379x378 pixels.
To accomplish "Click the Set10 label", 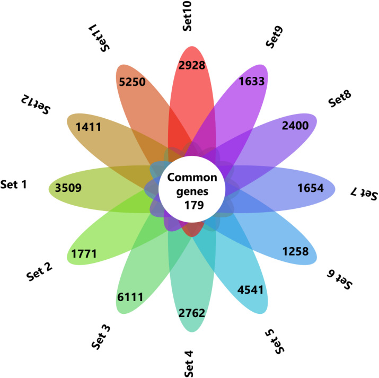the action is coord(187,16).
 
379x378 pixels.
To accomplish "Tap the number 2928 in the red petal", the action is coord(192,65).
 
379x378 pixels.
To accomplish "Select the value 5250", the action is coord(132,82).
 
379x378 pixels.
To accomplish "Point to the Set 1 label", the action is coord(14,184).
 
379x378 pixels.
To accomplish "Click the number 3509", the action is coord(68,188).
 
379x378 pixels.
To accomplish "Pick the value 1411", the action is coord(89,127).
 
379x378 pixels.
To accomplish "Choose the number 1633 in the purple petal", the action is coord(252,81).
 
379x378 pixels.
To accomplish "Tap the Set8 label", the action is coord(340,99).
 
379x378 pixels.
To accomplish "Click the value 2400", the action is coord(295,126).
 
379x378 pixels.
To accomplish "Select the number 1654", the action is coord(311,188).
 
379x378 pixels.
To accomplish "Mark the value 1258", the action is coord(296,251).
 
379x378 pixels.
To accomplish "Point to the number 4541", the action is coord(250,289).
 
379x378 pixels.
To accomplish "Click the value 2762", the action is coord(192,313).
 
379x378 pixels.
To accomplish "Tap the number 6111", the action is coord(130,297).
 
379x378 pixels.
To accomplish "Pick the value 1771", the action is coord(84,254).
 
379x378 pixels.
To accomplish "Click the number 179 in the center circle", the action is coord(194,205).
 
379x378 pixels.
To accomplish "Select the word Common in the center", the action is coord(192,178).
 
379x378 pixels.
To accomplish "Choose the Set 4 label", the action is coord(189,364).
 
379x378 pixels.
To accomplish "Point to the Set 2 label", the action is coord(39,271).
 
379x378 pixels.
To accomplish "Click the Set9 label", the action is coord(274,37).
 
